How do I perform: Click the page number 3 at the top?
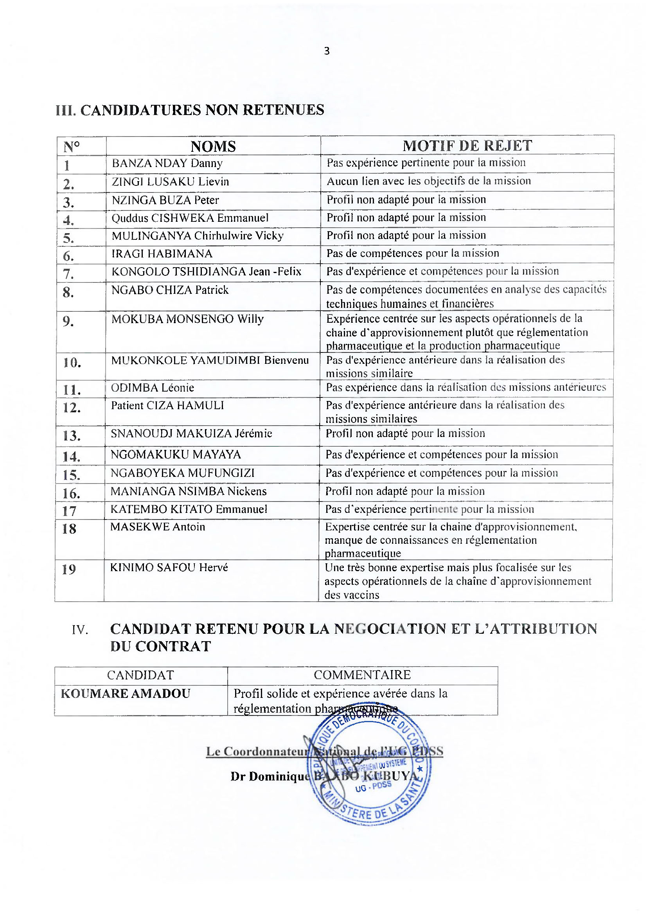[x=327, y=51]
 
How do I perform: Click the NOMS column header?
[x=213, y=146]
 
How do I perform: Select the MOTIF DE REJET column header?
[x=467, y=146]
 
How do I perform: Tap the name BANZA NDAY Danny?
[x=167, y=163]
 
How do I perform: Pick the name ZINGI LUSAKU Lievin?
[x=170, y=182]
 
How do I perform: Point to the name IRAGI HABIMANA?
[x=162, y=253]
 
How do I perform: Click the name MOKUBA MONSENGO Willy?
[x=187, y=319]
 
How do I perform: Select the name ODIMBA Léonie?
[x=152, y=388]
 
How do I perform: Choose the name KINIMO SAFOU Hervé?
[x=169, y=568]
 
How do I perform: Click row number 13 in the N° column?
[x=72, y=435]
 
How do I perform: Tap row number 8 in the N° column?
[x=68, y=293]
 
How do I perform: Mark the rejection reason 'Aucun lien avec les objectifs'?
[x=429, y=181]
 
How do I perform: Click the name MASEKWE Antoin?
[x=157, y=527]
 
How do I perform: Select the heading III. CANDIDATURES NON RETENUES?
[x=190, y=110]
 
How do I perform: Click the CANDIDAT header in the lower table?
[x=140, y=675]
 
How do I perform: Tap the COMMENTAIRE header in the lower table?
[x=362, y=675]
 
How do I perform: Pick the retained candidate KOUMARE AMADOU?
[x=126, y=694]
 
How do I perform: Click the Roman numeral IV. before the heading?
[x=80, y=630]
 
